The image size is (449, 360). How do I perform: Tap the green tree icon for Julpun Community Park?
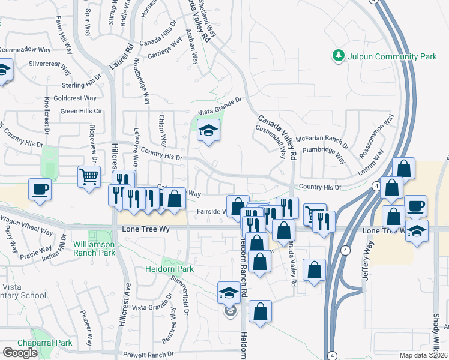[x=338, y=56]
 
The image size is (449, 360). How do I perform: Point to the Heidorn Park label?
[x=169, y=269]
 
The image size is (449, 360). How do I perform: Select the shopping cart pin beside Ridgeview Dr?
[x=89, y=177]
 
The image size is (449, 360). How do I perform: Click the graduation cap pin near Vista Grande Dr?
[x=208, y=130]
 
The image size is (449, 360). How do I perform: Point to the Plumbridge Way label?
[x=324, y=153]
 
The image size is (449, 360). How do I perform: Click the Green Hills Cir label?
[x=82, y=111]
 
